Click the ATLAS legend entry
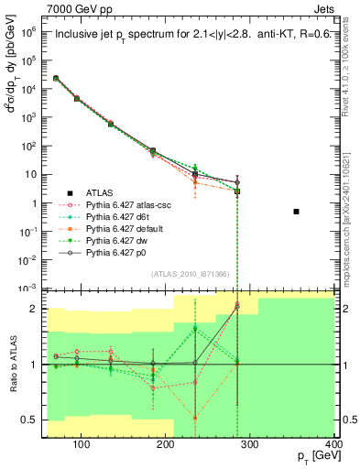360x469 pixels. point(100,192)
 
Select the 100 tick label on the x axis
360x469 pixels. point(82,446)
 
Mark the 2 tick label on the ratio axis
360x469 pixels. point(36,309)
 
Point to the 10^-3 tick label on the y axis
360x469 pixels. point(27,288)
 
